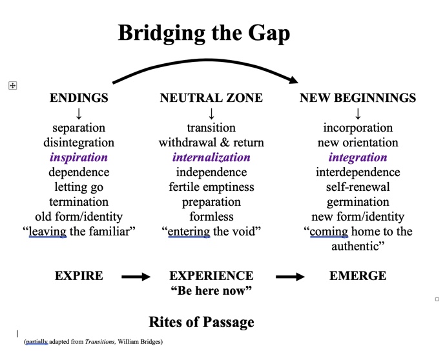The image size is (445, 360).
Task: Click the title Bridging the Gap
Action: point(203,34)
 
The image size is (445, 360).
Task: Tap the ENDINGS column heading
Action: point(79,98)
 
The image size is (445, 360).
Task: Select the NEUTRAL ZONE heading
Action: point(211,98)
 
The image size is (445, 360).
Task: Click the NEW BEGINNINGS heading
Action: point(358,98)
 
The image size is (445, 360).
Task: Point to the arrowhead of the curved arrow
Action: point(294,80)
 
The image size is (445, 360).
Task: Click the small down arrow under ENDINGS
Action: point(79,114)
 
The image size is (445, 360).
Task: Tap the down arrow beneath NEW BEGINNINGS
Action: point(358,114)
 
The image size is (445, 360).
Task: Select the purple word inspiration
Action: point(79,157)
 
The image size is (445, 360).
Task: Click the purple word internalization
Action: point(211,157)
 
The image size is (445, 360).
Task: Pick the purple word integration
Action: point(358,157)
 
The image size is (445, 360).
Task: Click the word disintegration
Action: point(79,143)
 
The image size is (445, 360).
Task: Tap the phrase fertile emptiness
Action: point(211,187)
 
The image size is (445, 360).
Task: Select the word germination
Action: point(358,202)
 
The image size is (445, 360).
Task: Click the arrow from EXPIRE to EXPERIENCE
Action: point(136,277)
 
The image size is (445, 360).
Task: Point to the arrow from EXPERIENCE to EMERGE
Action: point(290,277)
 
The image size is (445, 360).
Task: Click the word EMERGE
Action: point(358,276)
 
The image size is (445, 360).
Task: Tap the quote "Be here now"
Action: point(211,290)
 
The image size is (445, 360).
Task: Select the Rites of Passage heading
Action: point(202,323)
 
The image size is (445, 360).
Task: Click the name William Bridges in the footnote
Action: point(140,342)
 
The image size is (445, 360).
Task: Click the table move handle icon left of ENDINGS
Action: point(12,85)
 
